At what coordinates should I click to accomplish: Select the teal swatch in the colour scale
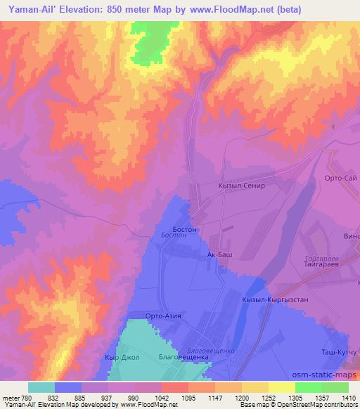(41, 387)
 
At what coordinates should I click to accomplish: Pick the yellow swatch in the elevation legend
(281, 387)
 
